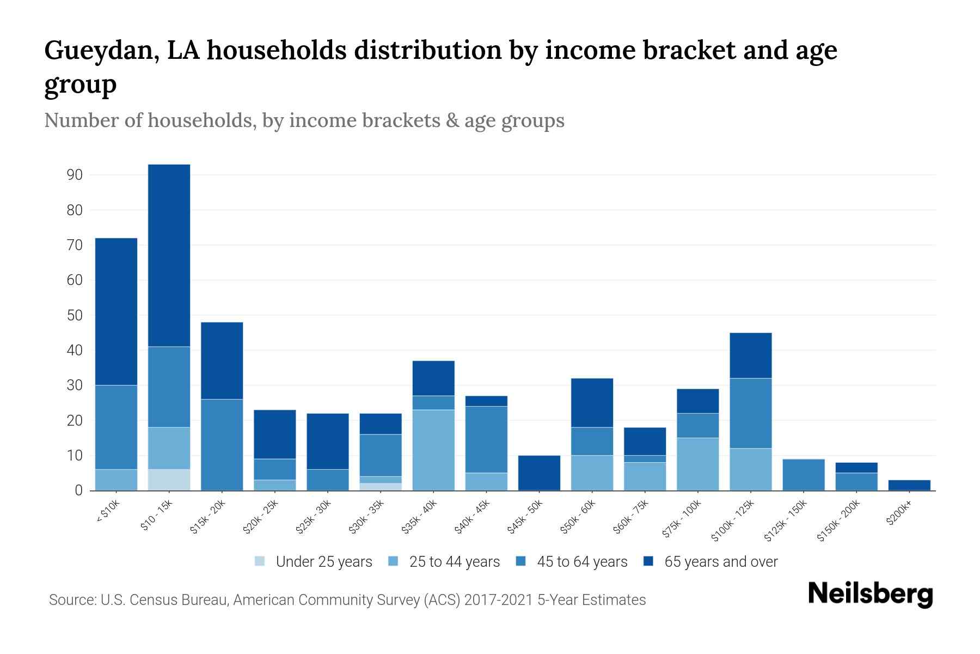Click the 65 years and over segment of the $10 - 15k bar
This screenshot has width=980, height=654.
(x=169, y=255)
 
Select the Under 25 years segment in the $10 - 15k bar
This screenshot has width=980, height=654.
(x=169, y=480)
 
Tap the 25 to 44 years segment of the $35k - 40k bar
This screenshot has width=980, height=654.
(x=433, y=450)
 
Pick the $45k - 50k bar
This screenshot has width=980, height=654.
(x=539, y=473)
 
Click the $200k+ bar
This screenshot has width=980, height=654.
(x=909, y=485)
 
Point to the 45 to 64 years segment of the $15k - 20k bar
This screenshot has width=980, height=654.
(x=222, y=444)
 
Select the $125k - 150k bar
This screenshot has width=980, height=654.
(x=804, y=475)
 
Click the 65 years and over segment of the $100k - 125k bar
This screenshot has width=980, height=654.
(x=751, y=355)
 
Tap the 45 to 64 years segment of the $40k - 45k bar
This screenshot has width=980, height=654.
(x=486, y=439)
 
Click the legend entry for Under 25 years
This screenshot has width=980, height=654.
(x=313, y=561)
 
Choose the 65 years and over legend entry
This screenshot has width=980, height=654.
(x=710, y=561)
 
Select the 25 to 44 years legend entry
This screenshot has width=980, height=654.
(x=444, y=561)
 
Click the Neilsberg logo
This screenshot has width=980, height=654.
(x=870, y=594)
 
